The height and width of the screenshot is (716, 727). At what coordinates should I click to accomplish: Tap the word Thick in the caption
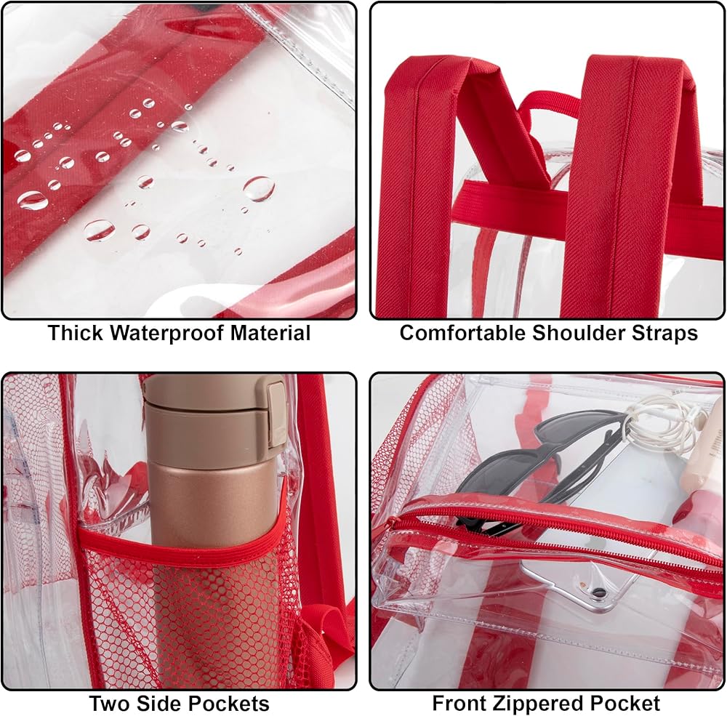coord(75,333)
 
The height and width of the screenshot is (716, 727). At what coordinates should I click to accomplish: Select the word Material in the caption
coord(270,333)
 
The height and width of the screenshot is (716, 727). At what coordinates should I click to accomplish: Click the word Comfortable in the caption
coord(462,333)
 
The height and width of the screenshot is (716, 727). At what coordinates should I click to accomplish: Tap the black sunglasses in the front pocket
coord(533,468)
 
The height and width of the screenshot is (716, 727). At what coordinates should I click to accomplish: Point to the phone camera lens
coord(598,592)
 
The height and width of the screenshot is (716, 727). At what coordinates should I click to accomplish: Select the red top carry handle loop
coord(550,105)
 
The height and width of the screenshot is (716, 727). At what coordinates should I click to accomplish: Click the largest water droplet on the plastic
coord(259,189)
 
